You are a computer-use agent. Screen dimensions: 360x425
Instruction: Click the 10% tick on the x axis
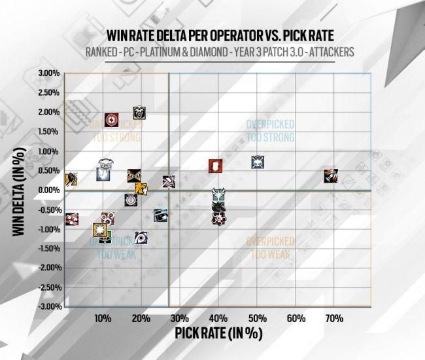[103, 318]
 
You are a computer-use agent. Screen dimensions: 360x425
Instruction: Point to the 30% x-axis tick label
[180, 318]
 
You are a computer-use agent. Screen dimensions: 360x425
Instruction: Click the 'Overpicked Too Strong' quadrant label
[270, 130]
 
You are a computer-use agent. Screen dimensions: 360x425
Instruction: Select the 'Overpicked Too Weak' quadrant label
[270, 247]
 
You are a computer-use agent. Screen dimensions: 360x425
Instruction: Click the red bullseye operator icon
[112, 119]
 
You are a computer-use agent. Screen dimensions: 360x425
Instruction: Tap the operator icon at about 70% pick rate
[331, 175]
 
